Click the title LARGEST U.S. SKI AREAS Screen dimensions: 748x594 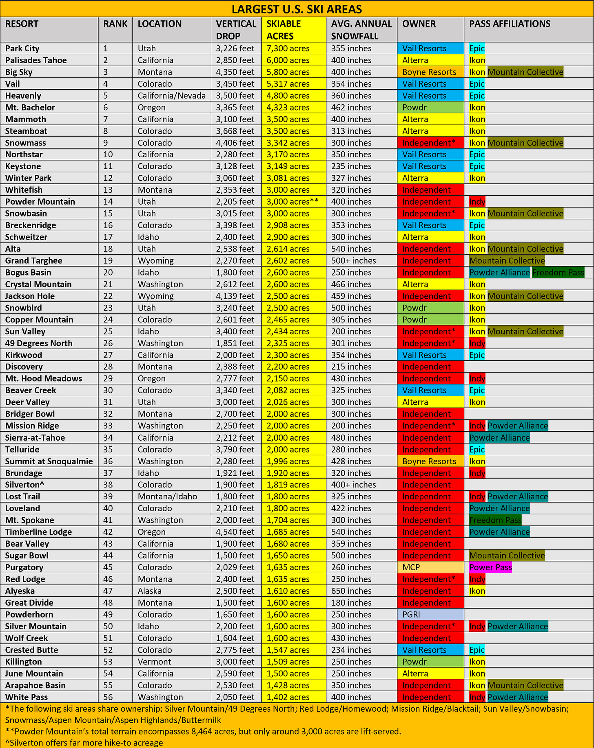297,9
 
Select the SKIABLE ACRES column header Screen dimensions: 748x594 284,30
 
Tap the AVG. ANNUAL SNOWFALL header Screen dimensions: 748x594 361,30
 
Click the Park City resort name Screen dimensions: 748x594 22,49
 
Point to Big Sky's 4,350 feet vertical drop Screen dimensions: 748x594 235,72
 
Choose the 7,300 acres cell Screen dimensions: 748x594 288,49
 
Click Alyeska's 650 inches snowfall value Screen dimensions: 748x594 351,591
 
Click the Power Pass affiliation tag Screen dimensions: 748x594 490,567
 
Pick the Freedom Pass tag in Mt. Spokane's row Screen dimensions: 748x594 495,520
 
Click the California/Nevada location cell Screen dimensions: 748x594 172,96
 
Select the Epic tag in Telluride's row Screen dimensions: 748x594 477,450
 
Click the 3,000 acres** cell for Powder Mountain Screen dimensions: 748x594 293,202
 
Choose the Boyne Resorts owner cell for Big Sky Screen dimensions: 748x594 429,72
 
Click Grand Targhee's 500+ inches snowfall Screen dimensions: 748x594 353,261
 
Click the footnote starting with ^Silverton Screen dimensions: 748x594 84,743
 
